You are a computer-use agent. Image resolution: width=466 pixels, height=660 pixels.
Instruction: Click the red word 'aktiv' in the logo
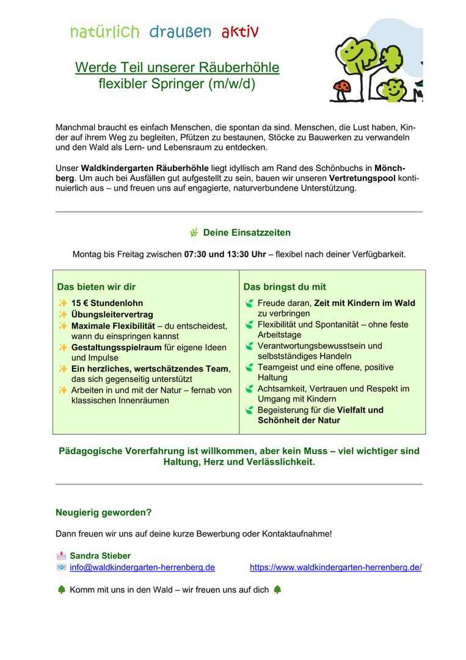[240, 32]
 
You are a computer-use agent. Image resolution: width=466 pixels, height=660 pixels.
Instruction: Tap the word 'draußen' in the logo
[180, 32]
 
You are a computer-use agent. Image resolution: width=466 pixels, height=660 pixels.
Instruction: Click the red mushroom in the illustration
[341, 87]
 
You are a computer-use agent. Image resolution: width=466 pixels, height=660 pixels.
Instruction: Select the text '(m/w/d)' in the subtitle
[231, 84]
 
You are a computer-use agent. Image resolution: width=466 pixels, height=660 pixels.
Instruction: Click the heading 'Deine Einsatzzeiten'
[247, 233]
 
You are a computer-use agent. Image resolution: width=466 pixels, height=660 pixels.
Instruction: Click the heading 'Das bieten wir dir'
[96, 287]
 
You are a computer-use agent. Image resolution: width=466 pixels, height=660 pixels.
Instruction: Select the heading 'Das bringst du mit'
[285, 287]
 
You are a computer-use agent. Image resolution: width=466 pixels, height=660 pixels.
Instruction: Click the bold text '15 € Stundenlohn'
[107, 303]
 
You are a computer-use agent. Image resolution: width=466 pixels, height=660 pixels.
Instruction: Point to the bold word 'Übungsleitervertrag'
[112, 314]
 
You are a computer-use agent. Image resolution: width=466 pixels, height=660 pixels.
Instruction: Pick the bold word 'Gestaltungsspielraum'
[116, 347]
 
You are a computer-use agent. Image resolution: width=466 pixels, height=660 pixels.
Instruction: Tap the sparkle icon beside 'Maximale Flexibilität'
[62, 326]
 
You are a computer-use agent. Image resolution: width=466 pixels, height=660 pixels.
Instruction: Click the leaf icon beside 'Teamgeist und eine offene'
[249, 367]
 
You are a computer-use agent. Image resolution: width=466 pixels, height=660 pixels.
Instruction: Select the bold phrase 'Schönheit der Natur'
[299, 420]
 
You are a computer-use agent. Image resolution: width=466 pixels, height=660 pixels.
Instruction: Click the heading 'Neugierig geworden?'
[104, 512]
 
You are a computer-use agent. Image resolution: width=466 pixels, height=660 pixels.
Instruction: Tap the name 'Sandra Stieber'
[100, 556]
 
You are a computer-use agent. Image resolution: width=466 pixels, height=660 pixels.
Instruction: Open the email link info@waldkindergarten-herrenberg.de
[142, 567]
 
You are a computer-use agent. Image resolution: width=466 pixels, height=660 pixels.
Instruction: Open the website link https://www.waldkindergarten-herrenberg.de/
[335, 567]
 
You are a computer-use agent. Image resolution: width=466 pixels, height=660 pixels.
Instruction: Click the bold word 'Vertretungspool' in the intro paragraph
[362, 178]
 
